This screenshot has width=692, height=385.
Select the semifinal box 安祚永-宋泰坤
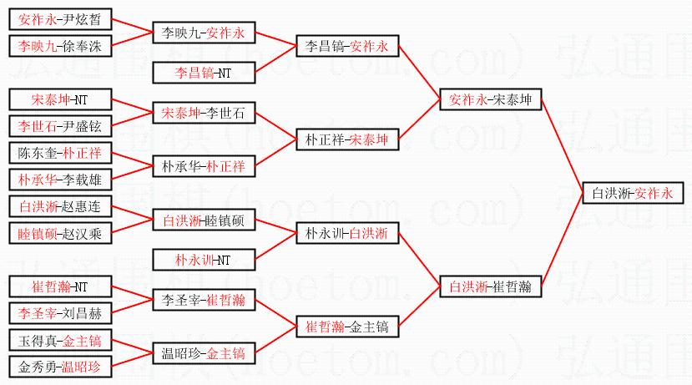tap(490, 99)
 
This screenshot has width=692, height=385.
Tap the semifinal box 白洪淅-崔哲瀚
tap(490, 286)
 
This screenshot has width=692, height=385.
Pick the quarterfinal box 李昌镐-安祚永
tap(347, 46)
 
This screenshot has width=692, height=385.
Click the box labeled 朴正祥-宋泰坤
tap(347, 139)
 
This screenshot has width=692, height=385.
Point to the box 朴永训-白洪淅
tap(347, 233)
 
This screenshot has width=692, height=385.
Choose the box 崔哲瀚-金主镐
tap(347, 327)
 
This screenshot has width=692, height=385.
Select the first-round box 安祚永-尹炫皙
tap(61, 19)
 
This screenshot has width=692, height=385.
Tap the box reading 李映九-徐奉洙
tap(61, 46)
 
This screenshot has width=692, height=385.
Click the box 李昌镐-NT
tap(204, 73)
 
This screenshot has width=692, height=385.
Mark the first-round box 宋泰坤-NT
tap(61, 99)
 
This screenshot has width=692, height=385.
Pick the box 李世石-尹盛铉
tap(61, 126)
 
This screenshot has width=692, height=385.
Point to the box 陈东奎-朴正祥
tap(61, 153)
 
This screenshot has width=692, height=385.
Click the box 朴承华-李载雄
tap(61, 180)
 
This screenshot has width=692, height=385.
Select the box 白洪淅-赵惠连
tap(61, 206)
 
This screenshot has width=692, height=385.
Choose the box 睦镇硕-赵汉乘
tap(61, 233)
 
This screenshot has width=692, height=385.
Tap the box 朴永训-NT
tap(204, 260)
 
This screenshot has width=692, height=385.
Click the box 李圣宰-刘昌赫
tap(61, 313)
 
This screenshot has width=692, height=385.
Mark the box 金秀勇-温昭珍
tap(61, 367)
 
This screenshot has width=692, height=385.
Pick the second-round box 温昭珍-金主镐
tap(204, 353)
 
